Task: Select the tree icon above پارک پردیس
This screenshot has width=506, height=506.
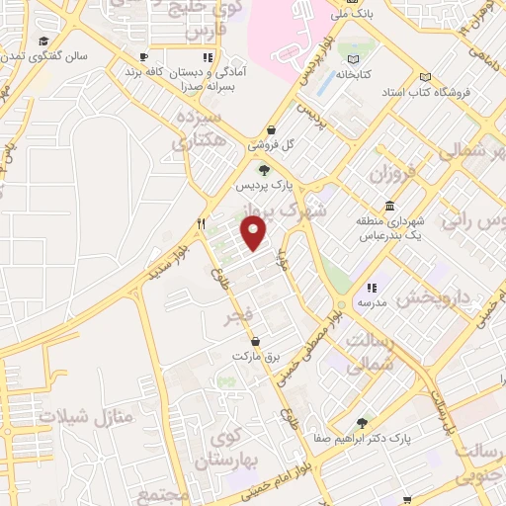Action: click(x=262, y=169)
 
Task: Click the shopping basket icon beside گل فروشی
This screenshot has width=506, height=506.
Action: click(x=272, y=129)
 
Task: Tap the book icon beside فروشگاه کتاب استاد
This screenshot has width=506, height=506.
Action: click(x=425, y=77)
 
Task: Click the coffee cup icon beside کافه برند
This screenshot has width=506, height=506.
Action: click(x=143, y=57)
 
